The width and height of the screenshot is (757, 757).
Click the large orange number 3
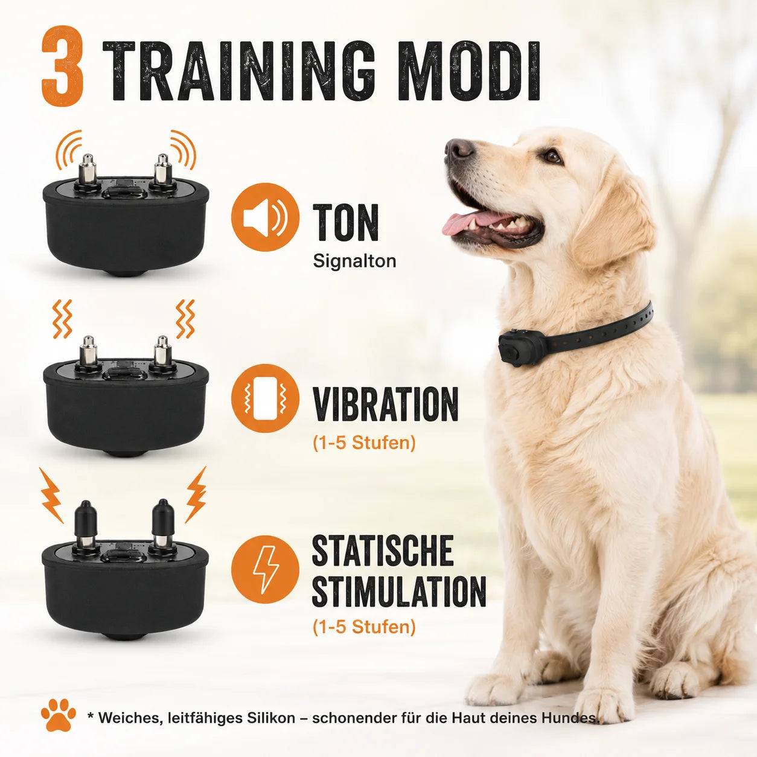click(x=62, y=65)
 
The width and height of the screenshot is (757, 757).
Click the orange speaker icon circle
click(x=265, y=217)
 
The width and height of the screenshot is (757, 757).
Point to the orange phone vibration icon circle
click(x=265, y=399)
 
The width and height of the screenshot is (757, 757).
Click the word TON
click(x=346, y=222)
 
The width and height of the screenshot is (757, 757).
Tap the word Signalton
click(x=354, y=261)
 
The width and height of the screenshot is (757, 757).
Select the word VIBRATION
click(x=385, y=404)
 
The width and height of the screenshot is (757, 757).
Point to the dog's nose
click(x=458, y=149)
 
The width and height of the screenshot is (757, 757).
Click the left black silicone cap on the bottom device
click(x=85, y=518)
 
